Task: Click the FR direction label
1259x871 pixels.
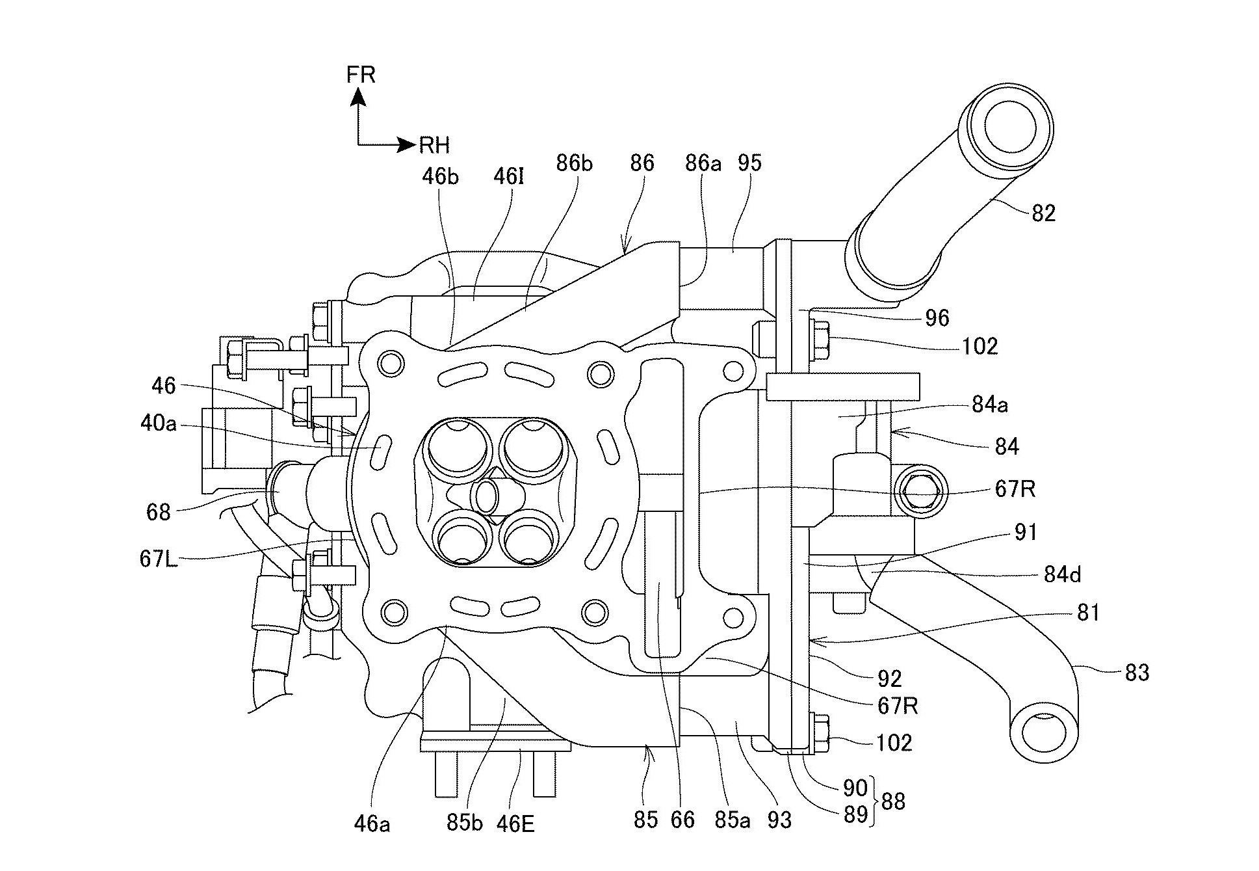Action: point(361,75)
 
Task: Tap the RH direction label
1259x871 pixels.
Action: point(434,145)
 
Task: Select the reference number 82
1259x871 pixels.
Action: point(1044,213)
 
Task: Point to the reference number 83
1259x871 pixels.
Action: point(1137,673)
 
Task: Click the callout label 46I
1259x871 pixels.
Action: point(508,177)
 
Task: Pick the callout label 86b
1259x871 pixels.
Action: point(574,163)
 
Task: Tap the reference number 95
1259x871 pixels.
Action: point(749,163)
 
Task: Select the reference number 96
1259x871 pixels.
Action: point(937,318)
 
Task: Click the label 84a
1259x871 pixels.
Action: point(990,405)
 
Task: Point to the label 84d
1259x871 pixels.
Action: point(1062,574)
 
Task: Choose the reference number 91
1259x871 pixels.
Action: point(1026,533)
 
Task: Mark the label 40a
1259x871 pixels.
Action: point(158,423)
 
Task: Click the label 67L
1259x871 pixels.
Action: point(159,559)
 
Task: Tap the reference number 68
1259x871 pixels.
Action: point(158,513)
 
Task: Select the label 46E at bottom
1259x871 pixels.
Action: point(515,824)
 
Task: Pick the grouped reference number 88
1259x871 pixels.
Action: point(893,801)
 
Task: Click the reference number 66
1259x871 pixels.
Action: point(682,820)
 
